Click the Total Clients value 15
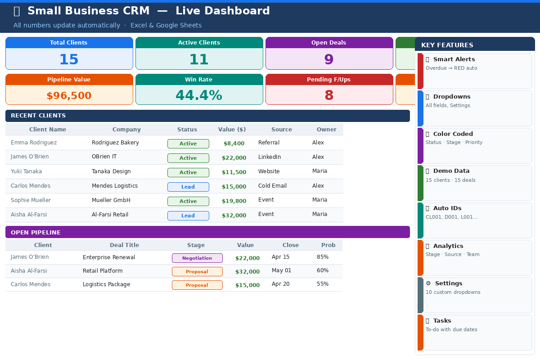[69, 59]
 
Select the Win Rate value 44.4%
[199, 95]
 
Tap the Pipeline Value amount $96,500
[69, 95]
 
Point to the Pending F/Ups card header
[329, 80]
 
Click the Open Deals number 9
[329, 59]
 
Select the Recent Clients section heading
[38, 116]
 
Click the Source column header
[282, 130]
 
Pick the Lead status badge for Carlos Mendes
[188, 187]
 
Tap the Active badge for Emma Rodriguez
[188, 144]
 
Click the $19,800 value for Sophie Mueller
[234, 201]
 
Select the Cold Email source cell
[272, 186]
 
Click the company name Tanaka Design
[111, 171]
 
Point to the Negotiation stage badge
[197, 258]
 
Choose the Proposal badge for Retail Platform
[197, 271]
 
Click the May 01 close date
[281, 270]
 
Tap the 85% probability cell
[323, 257]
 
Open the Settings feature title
[448, 283]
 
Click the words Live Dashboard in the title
[223, 11]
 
